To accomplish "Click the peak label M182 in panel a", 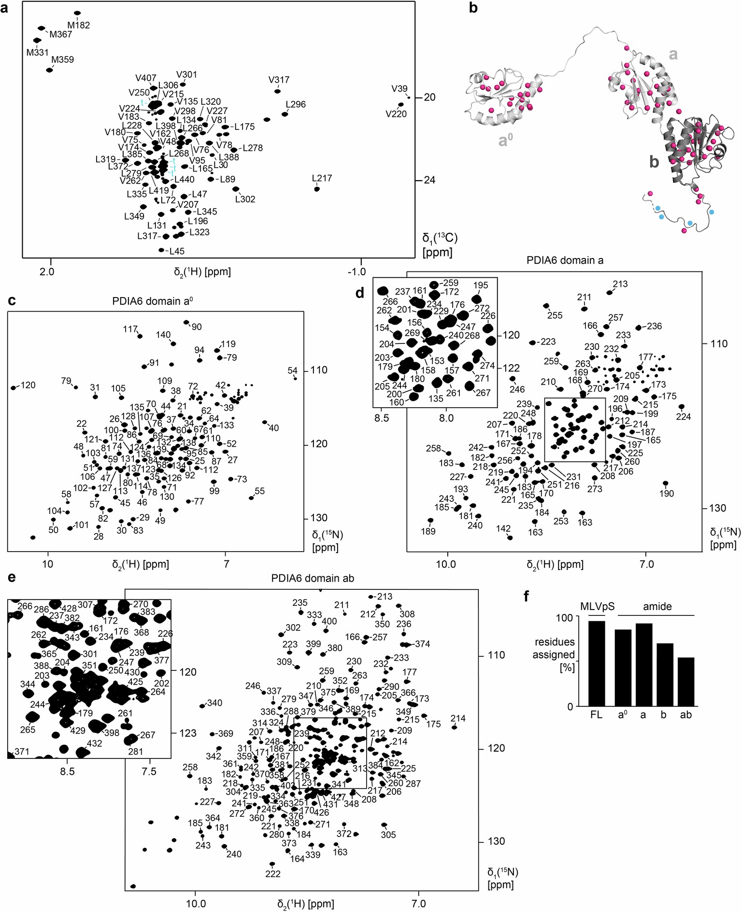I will pyautogui.click(x=79, y=25).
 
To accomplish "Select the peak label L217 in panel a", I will pyautogui.click(x=322, y=178).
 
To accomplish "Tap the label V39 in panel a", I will pyautogui.click(x=400, y=89).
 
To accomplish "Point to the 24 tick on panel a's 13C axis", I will pyautogui.click(x=429, y=180).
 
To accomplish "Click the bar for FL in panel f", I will pyautogui.click(x=597, y=664).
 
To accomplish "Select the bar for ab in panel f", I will pyautogui.click(x=686, y=682).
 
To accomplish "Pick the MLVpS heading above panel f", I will pyautogui.click(x=597, y=607).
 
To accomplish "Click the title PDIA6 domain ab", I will pyautogui.click(x=313, y=578).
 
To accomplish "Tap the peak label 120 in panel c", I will pyautogui.click(x=28, y=385).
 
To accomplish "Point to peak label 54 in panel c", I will pyautogui.click(x=292, y=370).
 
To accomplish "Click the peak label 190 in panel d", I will pyautogui.click(x=667, y=494).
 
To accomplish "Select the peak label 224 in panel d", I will pyautogui.click(x=684, y=417).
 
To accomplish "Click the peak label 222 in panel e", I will pyautogui.click(x=273, y=873).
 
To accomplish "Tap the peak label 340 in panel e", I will pyautogui.click(x=214, y=703).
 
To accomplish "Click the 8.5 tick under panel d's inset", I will pyautogui.click(x=382, y=418).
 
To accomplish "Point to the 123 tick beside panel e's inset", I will pyautogui.click(x=188, y=733).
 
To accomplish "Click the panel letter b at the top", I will pyautogui.click(x=473, y=8).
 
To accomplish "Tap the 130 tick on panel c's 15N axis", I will pyautogui.click(x=319, y=518).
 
